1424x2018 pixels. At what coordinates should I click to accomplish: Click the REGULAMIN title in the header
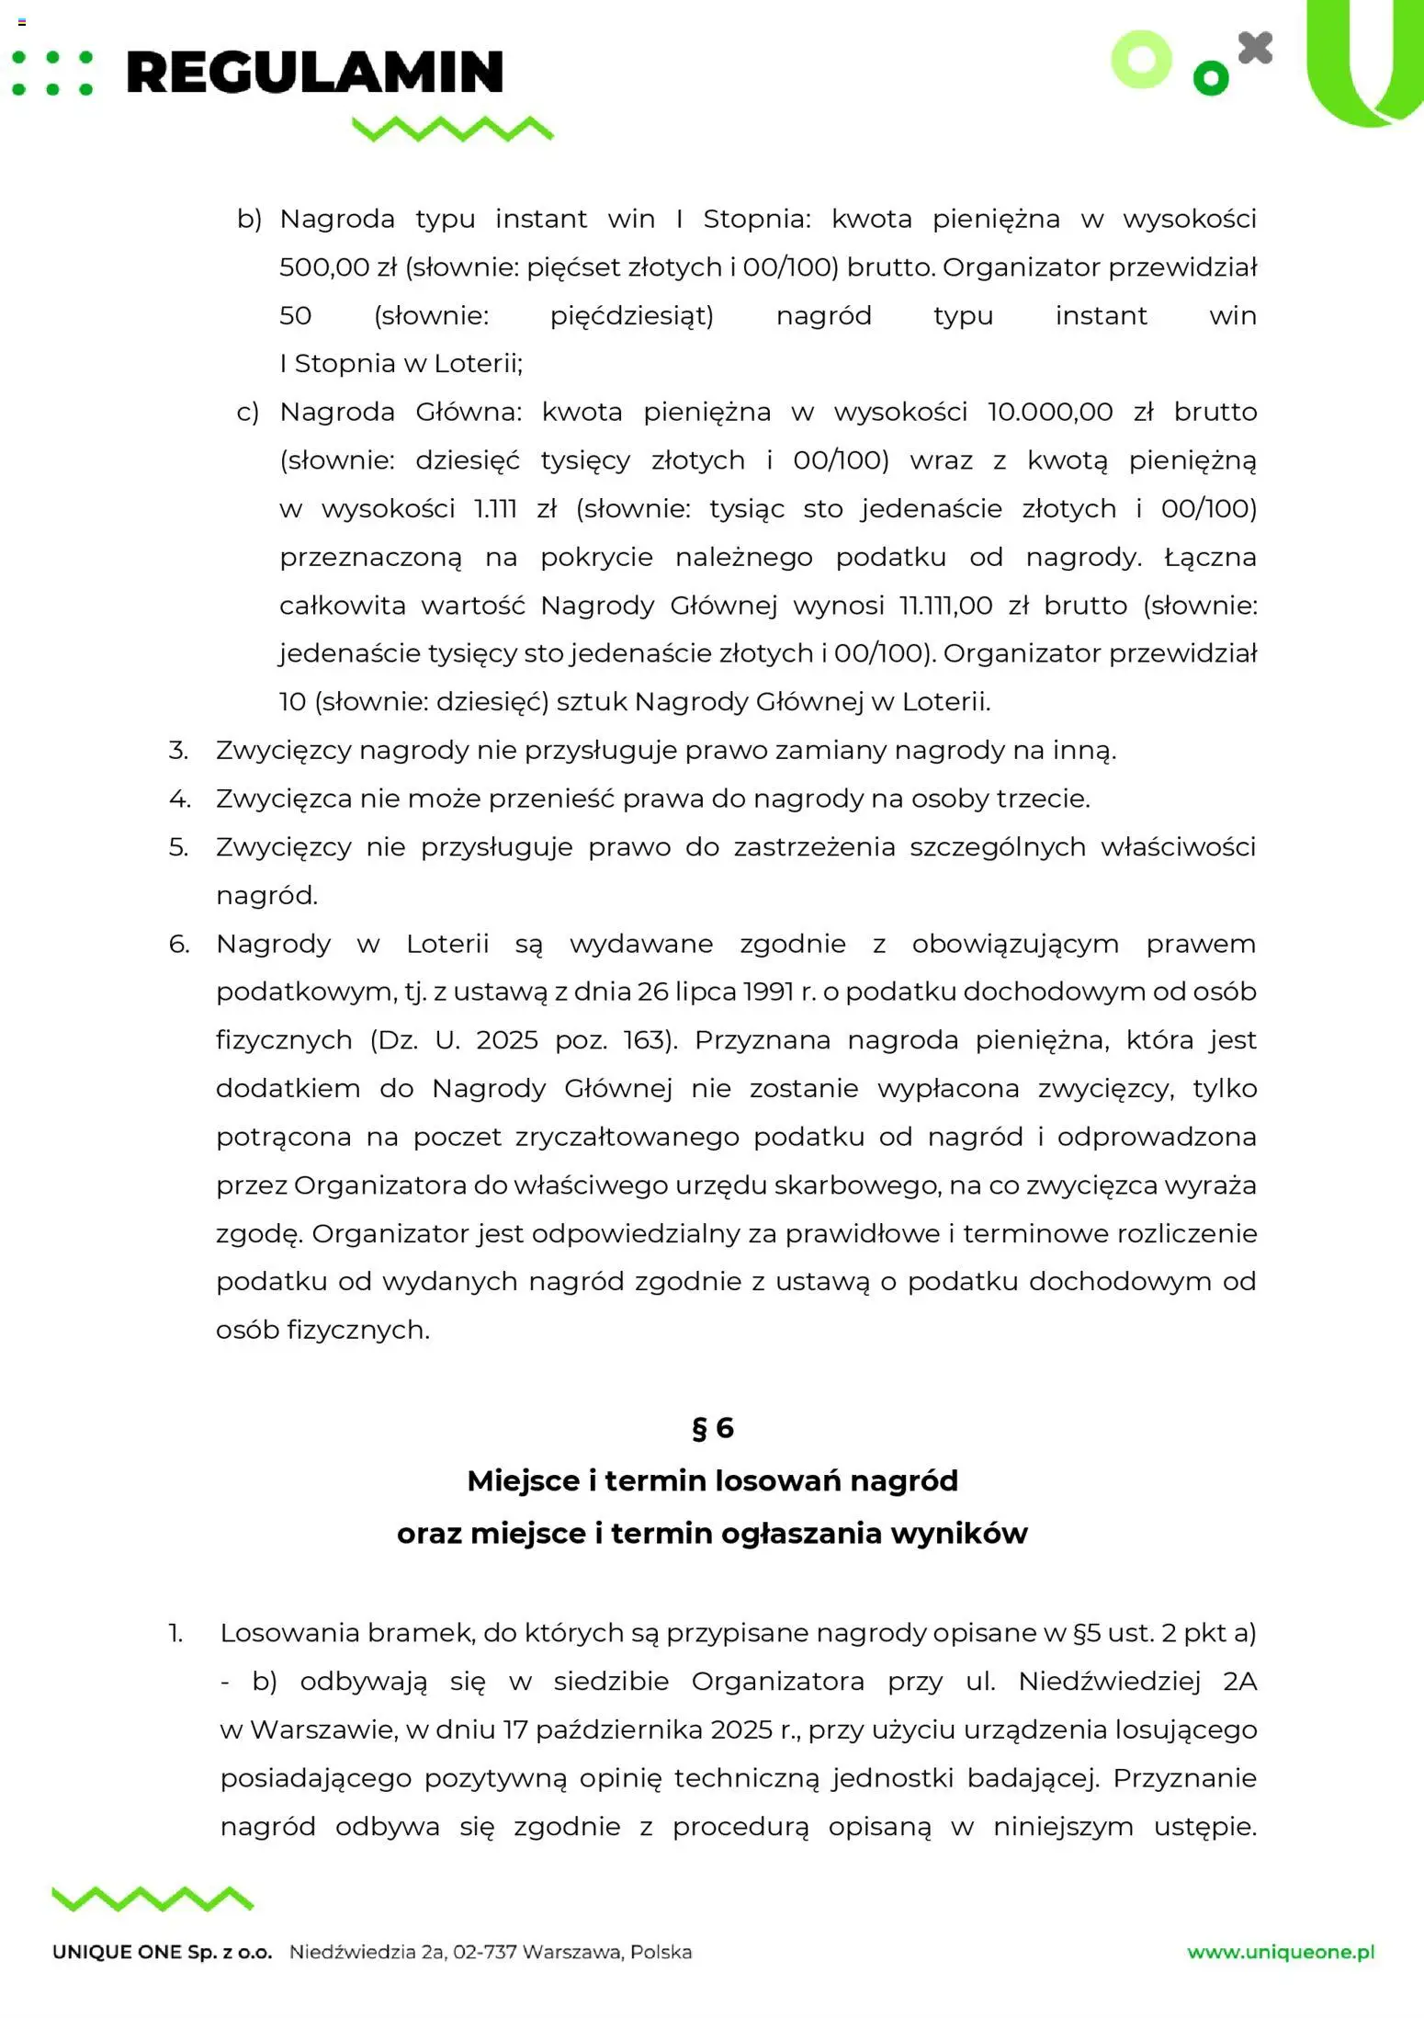[x=314, y=74]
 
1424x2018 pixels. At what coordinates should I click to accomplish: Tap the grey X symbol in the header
[x=1255, y=48]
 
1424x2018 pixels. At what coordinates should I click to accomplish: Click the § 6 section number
[x=712, y=1427]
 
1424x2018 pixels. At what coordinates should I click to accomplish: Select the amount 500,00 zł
[x=338, y=267]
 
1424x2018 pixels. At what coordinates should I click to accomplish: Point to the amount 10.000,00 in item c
[x=1050, y=412]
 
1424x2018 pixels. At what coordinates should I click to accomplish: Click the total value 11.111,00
[x=945, y=606]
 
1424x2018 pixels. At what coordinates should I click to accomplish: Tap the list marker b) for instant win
[x=249, y=220]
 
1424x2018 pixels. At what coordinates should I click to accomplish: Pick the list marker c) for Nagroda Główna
[x=248, y=413]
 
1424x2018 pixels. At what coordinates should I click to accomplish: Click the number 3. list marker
[x=178, y=751]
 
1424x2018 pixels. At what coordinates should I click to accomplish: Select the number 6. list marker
[x=179, y=944]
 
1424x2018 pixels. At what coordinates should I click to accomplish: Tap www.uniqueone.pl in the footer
[x=1281, y=1952]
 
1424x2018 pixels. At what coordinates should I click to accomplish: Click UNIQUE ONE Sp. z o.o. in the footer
[x=163, y=1953]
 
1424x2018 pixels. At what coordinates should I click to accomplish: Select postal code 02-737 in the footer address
[x=484, y=1952]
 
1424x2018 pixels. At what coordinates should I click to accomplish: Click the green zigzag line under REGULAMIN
[x=453, y=129]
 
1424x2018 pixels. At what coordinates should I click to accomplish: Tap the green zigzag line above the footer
[x=153, y=1899]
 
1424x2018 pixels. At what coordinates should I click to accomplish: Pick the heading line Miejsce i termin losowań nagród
[x=712, y=1480]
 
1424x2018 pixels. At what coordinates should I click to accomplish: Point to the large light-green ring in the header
[x=1142, y=60]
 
